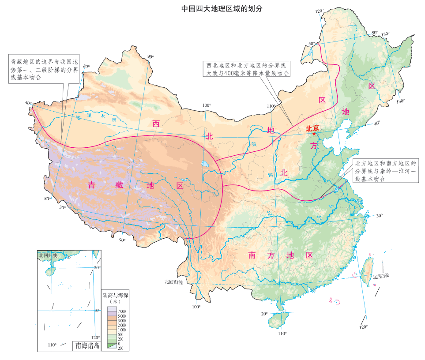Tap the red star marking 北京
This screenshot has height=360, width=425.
click(314, 134)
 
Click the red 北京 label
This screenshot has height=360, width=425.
click(312, 128)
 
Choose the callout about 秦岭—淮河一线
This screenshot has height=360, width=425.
click(385, 171)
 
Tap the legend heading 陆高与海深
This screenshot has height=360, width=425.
click(115, 294)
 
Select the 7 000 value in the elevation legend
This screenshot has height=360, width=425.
click(121, 311)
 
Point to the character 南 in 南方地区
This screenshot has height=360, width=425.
click(252, 255)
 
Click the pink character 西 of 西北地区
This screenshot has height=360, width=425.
click(156, 123)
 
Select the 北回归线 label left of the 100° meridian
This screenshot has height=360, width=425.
click(173, 282)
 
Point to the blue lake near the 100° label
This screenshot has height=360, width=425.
click(205, 165)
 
